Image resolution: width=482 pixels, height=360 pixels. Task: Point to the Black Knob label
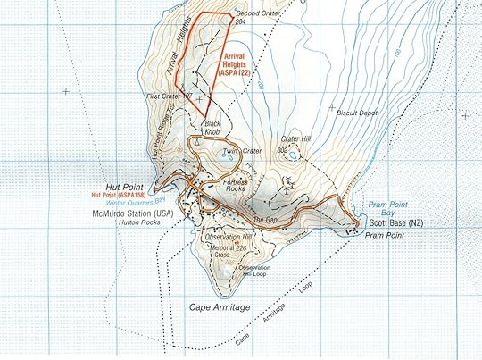pos(212,128)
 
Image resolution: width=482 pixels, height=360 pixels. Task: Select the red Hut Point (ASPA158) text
pos(119,192)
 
